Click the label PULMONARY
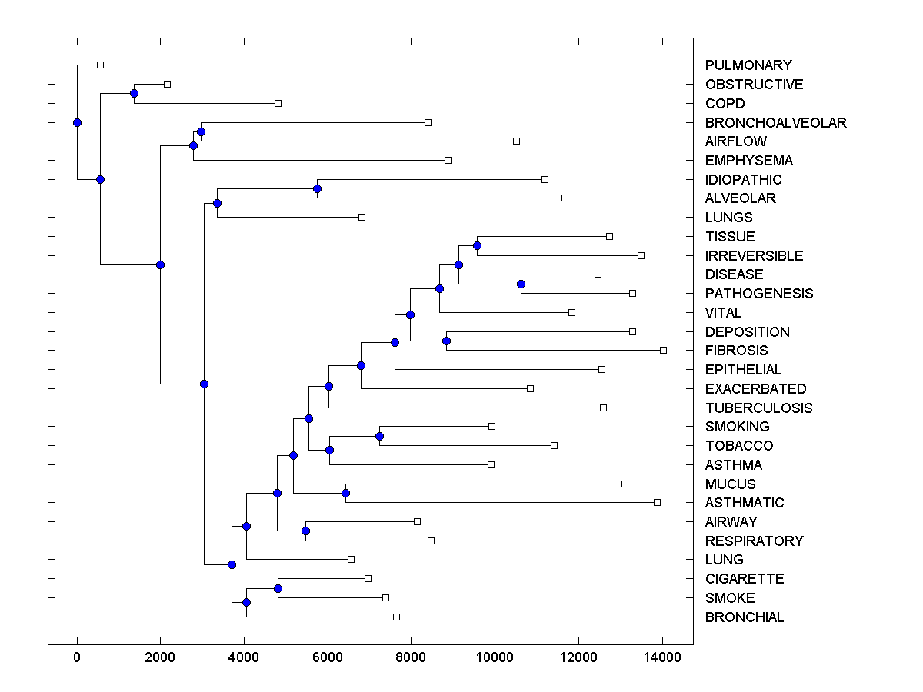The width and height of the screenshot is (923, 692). (x=738, y=65)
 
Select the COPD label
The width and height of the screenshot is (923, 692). (x=725, y=104)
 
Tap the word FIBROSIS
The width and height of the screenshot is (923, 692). (x=736, y=351)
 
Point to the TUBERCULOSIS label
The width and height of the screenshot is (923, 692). (x=758, y=408)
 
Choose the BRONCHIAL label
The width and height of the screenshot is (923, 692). (x=745, y=617)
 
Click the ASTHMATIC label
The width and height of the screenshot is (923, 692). (x=745, y=503)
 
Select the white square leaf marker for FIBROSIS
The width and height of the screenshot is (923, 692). (x=663, y=350)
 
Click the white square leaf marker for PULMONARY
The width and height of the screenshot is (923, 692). (x=100, y=65)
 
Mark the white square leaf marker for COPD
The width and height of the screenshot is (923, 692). (x=278, y=103)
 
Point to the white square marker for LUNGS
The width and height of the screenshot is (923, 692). (x=362, y=217)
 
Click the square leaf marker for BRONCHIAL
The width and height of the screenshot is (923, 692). (x=396, y=617)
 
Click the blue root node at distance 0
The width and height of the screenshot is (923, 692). (x=77, y=122)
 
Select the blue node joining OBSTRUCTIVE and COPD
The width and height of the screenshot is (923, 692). (x=134, y=94)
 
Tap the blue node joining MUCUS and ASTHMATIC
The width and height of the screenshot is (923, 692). (x=345, y=493)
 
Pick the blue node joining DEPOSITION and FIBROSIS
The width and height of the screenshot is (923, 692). (x=446, y=341)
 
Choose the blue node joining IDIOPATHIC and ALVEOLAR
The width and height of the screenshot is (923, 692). (x=317, y=188)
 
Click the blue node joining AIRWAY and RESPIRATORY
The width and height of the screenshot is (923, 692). (x=305, y=531)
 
